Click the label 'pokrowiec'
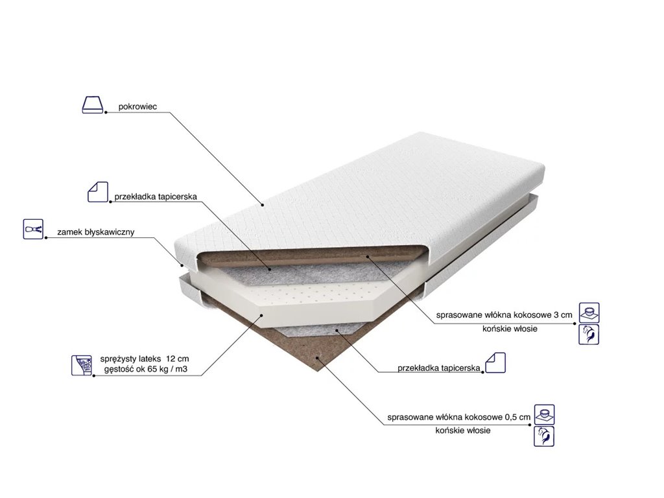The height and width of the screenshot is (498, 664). click(x=137, y=107)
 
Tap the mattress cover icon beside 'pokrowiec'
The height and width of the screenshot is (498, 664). click(x=92, y=104)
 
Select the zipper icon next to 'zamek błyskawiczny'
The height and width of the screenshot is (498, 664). click(x=33, y=229)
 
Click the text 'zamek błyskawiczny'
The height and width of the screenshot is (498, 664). click(x=96, y=232)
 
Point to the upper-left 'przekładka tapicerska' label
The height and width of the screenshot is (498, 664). click(x=156, y=197)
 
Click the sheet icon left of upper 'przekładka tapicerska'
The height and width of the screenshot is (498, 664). click(x=98, y=192)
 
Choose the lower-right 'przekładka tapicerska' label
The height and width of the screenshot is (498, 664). click(x=439, y=368)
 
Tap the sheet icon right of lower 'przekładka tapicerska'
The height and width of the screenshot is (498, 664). click(x=495, y=362)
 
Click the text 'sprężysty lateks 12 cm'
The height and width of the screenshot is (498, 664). click(x=145, y=359)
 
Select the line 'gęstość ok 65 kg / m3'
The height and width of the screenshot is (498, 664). click(x=146, y=369)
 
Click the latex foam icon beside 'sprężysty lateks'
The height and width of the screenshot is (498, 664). click(x=82, y=366)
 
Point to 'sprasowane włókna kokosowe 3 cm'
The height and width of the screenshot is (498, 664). click(x=504, y=315)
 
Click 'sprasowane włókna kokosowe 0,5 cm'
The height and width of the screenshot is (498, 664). click(x=458, y=417)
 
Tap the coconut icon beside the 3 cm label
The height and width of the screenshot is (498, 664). click(x=589, y=313)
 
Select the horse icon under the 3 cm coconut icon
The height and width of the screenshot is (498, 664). click(x=589, y=334)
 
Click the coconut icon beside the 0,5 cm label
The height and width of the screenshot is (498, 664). click(x=544, y=414)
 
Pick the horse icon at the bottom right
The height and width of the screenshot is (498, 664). click(x=544, y=436)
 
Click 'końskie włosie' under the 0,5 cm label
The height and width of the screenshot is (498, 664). click(x=463, y=431)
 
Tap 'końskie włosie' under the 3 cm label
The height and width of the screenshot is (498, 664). click(x=510, y=329)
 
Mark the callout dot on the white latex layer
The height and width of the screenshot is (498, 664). click(x=262, y=314)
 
